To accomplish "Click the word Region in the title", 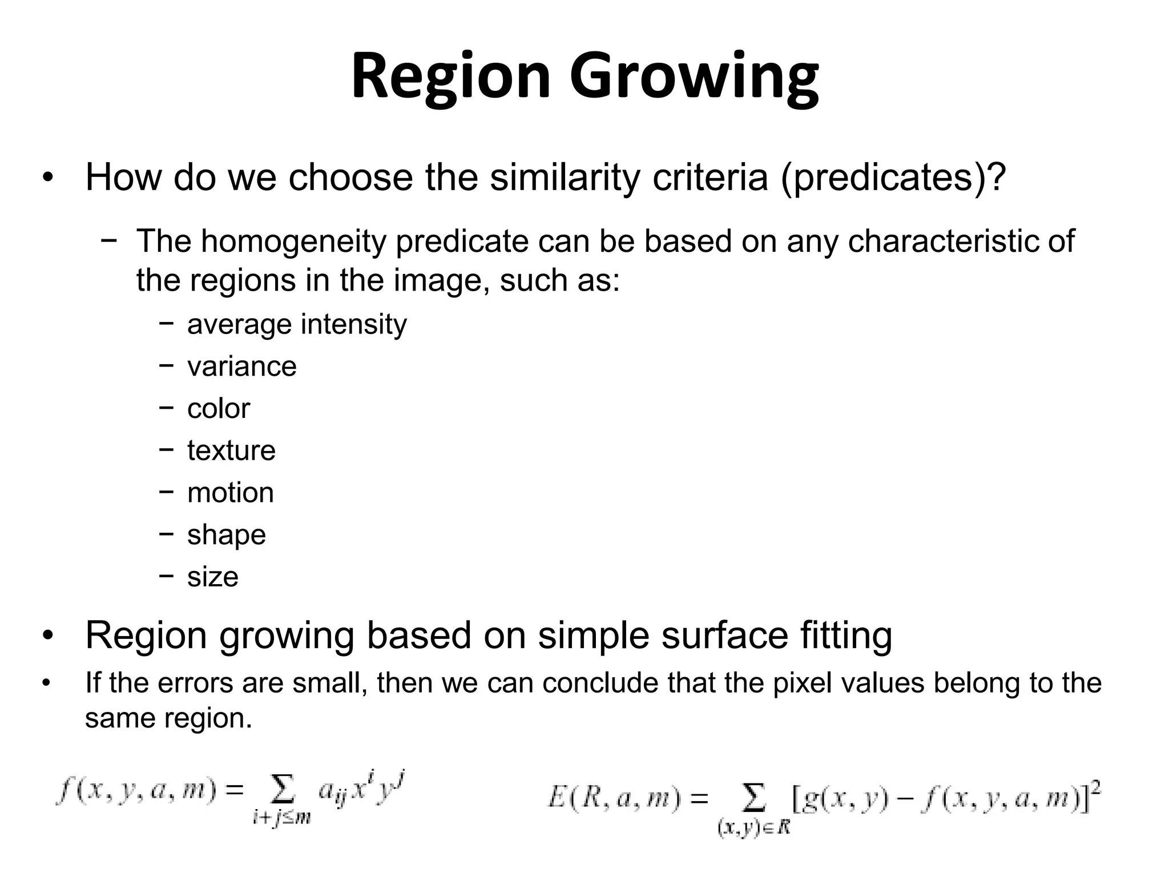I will coord(450,77).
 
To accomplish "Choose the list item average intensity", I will coord(297,324).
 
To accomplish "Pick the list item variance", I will coord(241,367).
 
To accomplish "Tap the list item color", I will coord(219,409).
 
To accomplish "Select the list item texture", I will coord(231,450).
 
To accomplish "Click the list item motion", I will coord(231,493).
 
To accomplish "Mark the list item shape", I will coord(227,535).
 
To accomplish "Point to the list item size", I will coord(212,577).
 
